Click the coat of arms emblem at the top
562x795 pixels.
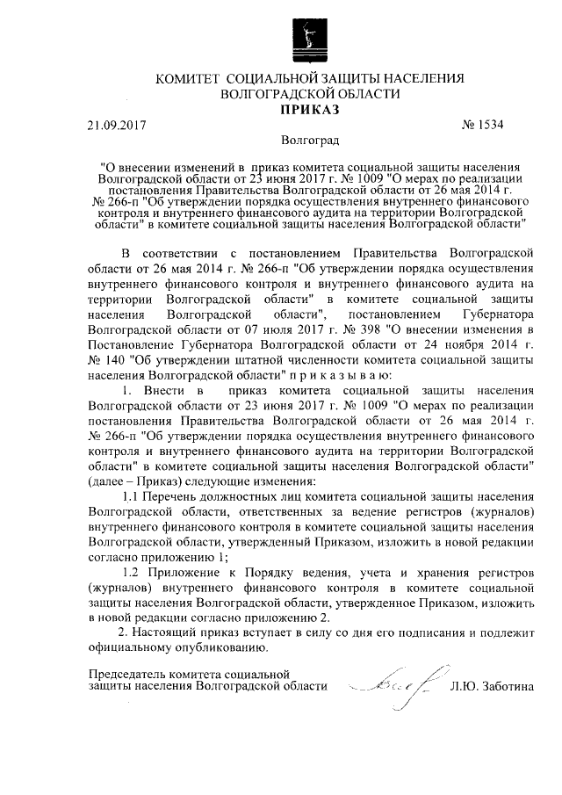click(307, 34)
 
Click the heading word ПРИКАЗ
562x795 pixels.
click(308, 109)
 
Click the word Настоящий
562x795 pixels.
click(170, 633)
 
